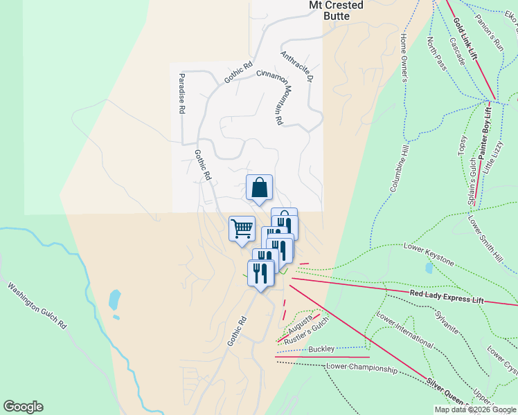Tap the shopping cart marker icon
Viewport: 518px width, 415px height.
tap(242, 228)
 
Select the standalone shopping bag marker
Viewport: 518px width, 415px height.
tap(259, 187)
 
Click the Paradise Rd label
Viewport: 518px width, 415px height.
tap(181, 93)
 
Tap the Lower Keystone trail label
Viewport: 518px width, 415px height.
tap(429, 255)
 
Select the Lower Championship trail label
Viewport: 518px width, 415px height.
tap(361, 367)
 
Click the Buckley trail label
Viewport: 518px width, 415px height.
tap(321, 349)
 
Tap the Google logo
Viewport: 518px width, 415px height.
tap(23, 407)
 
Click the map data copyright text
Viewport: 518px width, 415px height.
tap(474, 409)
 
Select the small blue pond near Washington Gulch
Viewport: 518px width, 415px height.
tap(114, 299)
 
